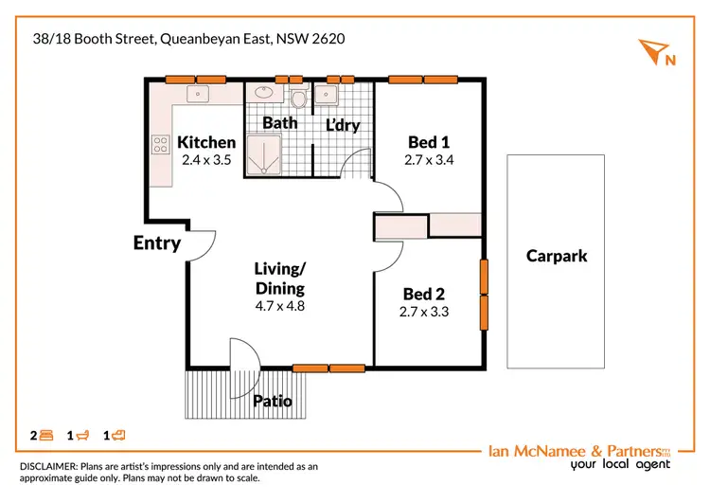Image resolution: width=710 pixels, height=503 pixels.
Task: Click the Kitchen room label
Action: click(x=206, y=142)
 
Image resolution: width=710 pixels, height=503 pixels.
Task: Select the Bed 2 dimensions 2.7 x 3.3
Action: click(x=423, y=312)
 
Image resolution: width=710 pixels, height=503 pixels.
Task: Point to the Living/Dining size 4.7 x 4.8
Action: click(x=280, y=306)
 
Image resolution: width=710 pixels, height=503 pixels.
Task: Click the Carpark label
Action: click(x=557, y=256)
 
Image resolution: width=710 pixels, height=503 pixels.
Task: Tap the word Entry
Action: click(x=157, y=243)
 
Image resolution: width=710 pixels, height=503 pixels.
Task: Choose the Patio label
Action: click(x=273, y=401)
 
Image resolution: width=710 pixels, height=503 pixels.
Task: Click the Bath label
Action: click(x=280, y=122)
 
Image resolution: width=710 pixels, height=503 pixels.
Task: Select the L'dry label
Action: click(x=343, y=124)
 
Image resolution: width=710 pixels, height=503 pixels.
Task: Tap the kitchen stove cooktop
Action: click(x=159, y=144)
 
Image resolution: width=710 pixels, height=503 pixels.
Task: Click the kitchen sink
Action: click(x=199, y=94)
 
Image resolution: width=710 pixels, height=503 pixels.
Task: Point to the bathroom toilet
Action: click(x=299, y=99)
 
